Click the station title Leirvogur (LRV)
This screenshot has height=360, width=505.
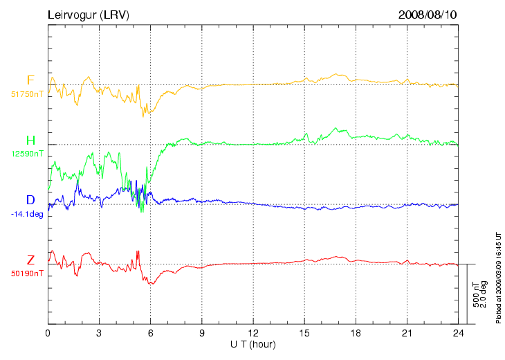pos(89,15)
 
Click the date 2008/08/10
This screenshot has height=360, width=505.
pos(428,15)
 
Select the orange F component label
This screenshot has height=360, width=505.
pos(30,80)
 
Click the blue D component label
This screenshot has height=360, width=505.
pos(30,200)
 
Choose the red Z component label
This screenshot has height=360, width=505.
pos(30,260)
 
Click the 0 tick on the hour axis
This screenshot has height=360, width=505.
pos(48,333)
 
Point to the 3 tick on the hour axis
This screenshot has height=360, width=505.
pos(99,333)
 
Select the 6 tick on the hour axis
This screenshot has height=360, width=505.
pos(150,333)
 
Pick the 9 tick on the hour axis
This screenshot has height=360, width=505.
pos(202,333)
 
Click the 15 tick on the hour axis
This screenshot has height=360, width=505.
pos(304,333)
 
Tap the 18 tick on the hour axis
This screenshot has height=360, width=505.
pos(356,333)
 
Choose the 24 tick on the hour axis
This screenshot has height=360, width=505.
pos(458,333)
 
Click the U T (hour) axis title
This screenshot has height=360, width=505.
pos(253,344)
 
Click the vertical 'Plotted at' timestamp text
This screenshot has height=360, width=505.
pos(498,277)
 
